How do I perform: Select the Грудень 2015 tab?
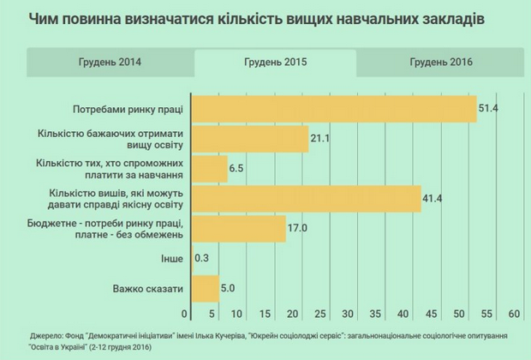(275, 63)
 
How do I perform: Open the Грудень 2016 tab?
(441, 63)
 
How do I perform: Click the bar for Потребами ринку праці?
(334, 109)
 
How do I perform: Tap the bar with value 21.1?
(250, 139)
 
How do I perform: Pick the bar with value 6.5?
(210, 169)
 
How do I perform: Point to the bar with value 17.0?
(239, 229)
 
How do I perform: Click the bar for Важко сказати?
(206, 289)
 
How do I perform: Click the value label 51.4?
(489, 109)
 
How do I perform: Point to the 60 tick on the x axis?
(515, 311)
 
